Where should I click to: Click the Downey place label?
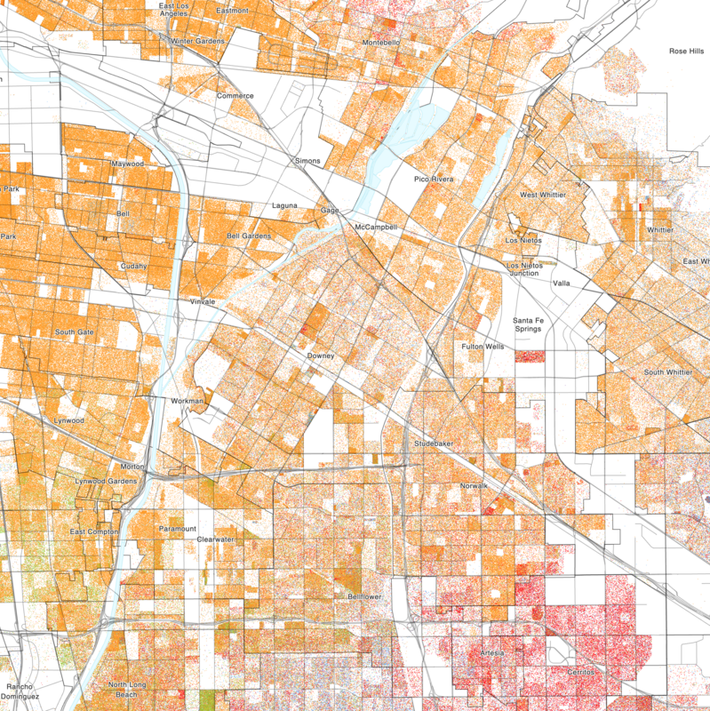point(320,355)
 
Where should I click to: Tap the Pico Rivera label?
point(434,180)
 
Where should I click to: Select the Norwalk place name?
point(475,486)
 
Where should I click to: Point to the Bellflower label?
point(364,597)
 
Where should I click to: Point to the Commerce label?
point(235,96)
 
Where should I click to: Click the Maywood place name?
point(127,164)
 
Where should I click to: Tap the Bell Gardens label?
point(248,236)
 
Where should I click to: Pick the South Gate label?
point(75,332)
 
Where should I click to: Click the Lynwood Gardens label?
point(106,481)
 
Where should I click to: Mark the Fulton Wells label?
point(483,347)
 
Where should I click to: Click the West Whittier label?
point(542,195)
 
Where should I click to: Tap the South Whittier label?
point(667,371)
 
